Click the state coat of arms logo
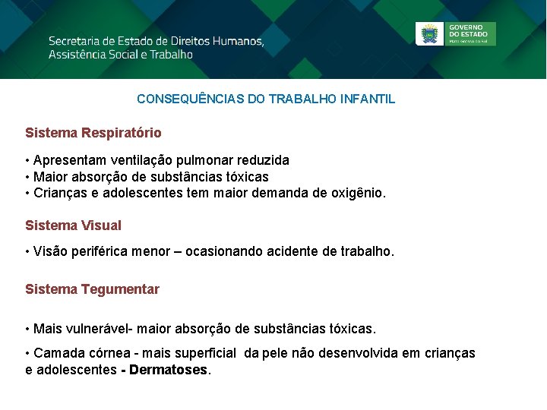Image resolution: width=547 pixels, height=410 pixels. pyautogui.click(x=430, y=34)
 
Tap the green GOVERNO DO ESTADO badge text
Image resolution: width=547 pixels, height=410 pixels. pyautogui.click(x=470, y=33)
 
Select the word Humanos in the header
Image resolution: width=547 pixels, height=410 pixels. pyautogui.click(x=236, y=40)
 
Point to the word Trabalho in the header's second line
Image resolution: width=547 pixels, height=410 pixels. pyautogui.click(x=171, y=55)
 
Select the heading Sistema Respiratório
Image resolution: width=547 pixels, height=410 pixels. pyautogui.click(x=93, y=133)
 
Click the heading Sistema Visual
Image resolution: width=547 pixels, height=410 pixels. pyautogui.click(x=73, y=225)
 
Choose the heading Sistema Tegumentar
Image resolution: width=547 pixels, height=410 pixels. pyautogui.click(x=92, y=289)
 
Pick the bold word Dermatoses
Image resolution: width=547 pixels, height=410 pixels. pyautogui.click(x=169, y=371)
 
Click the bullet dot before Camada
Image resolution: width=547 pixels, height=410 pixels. pyautogui.click(x=27, y=353)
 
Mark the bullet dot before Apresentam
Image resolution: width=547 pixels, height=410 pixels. pyautogui.click(x=27, y=161)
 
